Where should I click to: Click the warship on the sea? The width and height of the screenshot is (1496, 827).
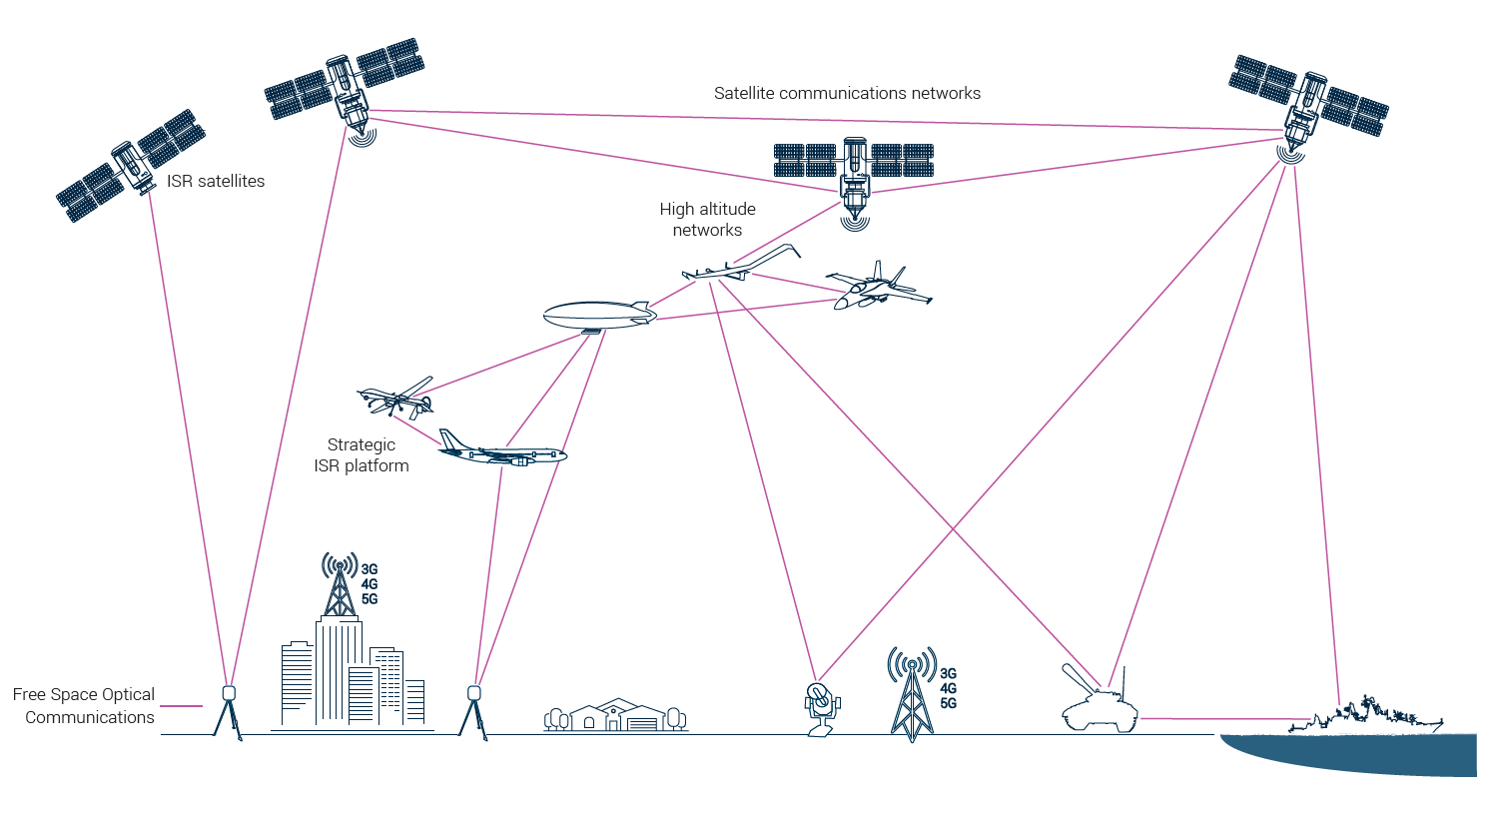(x=1368, y=717)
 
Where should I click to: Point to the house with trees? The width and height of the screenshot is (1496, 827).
(x=616, y=715)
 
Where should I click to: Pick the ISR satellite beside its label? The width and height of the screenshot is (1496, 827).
(x=131, y=166)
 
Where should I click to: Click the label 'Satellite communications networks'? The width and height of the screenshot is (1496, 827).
(x=847, y=93)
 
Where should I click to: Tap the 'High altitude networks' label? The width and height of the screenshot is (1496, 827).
(x=707, y=219)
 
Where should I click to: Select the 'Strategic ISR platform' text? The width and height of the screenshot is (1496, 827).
(x=362, y=454)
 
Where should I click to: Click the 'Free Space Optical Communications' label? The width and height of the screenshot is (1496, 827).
(x=84, y=705)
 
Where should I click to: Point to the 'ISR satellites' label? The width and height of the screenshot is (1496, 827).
(x=216, y=181)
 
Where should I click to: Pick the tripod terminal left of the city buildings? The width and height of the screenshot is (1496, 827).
(x=229, y=708)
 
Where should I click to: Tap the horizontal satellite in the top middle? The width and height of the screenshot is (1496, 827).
(x=854, y=170)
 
